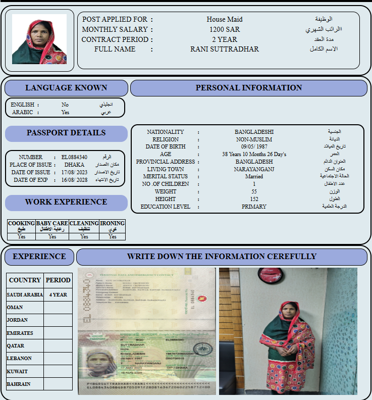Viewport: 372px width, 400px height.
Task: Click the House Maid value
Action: (x=224, y=20)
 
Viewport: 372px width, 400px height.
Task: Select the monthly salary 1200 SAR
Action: (x=225, y=29)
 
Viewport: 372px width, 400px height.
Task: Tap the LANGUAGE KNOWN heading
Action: (x=66, y=88)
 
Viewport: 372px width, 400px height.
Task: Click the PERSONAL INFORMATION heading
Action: (x=249, y=88)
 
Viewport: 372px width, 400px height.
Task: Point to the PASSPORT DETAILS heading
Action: (x=66, y=133)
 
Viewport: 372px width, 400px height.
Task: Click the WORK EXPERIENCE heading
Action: (x=66, y=202)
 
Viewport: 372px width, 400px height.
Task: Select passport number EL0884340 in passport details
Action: (x=74, y=158)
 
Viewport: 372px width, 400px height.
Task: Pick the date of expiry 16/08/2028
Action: (x=75, y=180)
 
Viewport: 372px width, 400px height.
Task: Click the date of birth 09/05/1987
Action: (x=254, y=146)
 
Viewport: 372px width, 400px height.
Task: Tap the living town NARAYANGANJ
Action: (x=254, y=169)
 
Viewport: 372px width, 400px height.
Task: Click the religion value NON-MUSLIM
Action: (x=254, y=139)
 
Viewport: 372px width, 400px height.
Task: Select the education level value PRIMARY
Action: (x=254, y=207)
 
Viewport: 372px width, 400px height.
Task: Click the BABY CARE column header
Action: (x=52, y=226)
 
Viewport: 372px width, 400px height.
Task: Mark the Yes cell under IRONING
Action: (x=113, y=236)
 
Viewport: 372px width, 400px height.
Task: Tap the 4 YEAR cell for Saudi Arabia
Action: (x=58, y=294)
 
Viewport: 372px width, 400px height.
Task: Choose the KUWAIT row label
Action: (x=18, y=371)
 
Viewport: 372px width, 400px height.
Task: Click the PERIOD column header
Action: (x=58, y=280)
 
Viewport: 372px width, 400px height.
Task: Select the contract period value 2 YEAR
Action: (x=224, y=39)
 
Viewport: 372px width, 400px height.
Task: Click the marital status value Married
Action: (x=254, y=177)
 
